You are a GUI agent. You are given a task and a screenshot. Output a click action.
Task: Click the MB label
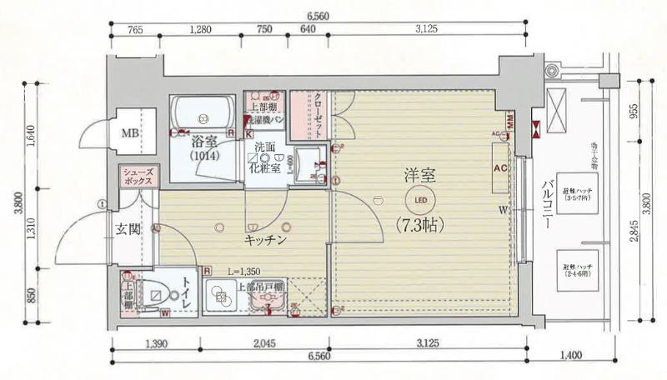[x=130, y=133]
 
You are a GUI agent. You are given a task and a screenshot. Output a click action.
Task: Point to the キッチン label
[x=266, y=240]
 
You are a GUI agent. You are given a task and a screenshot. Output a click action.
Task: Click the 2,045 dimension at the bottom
[x=262, y=343]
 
